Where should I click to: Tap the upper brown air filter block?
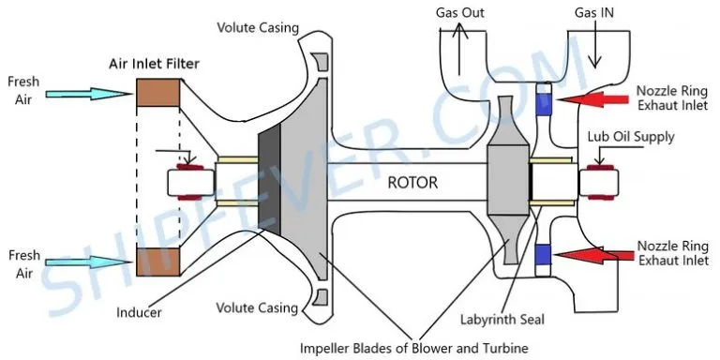(x=157, y=92)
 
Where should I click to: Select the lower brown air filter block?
(x=157, y=262)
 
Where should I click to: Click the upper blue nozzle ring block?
(x=543, y=104)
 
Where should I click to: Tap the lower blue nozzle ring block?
(x=543, y=254)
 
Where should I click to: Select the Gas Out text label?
(x=459, y=12)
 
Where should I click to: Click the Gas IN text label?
(x=594, y=13)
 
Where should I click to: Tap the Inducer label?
(x=139, y=313)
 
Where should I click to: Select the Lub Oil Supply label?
(x=631, y=136)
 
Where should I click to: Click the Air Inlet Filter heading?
(x=155, y=64)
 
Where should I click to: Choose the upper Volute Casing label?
(x=258, y=27)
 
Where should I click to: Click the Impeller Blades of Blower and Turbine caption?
(x=414, y=348)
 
